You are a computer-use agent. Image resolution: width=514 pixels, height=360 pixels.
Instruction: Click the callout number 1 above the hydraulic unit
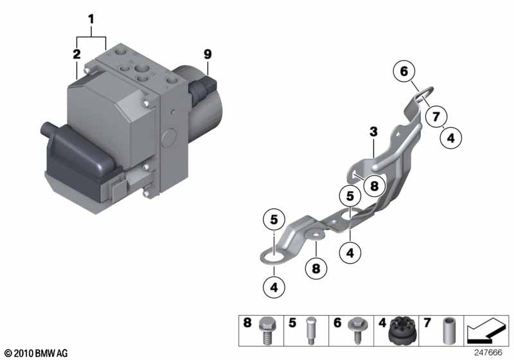[x=91, y=19]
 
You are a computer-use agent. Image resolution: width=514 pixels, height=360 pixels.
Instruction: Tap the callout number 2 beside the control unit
[x=76, y=54]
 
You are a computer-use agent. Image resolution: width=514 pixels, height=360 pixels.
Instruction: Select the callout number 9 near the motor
[x=208, y=54]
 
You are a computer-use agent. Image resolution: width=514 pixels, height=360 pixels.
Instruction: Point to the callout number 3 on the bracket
[x=373, y=132]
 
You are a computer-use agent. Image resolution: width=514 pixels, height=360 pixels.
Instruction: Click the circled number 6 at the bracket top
[x=404, y=71]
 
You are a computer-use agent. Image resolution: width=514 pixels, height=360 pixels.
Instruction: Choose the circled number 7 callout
[x=436, y=116]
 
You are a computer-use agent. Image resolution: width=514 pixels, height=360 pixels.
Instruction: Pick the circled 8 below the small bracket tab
[x=316, y=269]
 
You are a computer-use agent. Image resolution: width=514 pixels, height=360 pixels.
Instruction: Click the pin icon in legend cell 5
[x=310, y=330]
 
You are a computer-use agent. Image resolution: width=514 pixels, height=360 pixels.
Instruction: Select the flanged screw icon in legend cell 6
[x=358, y=330]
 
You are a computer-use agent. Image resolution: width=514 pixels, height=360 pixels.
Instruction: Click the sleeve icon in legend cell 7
[x=448, y=331]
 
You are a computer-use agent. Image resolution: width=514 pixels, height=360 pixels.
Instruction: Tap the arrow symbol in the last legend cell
[x=486, y=330]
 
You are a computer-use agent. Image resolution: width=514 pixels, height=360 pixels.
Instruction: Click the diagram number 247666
[x=488, y=352]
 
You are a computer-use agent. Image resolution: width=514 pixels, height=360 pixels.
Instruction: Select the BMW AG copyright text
[x=37, y=353]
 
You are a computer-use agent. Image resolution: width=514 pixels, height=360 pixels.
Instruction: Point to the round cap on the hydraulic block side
[x=169, y=138]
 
